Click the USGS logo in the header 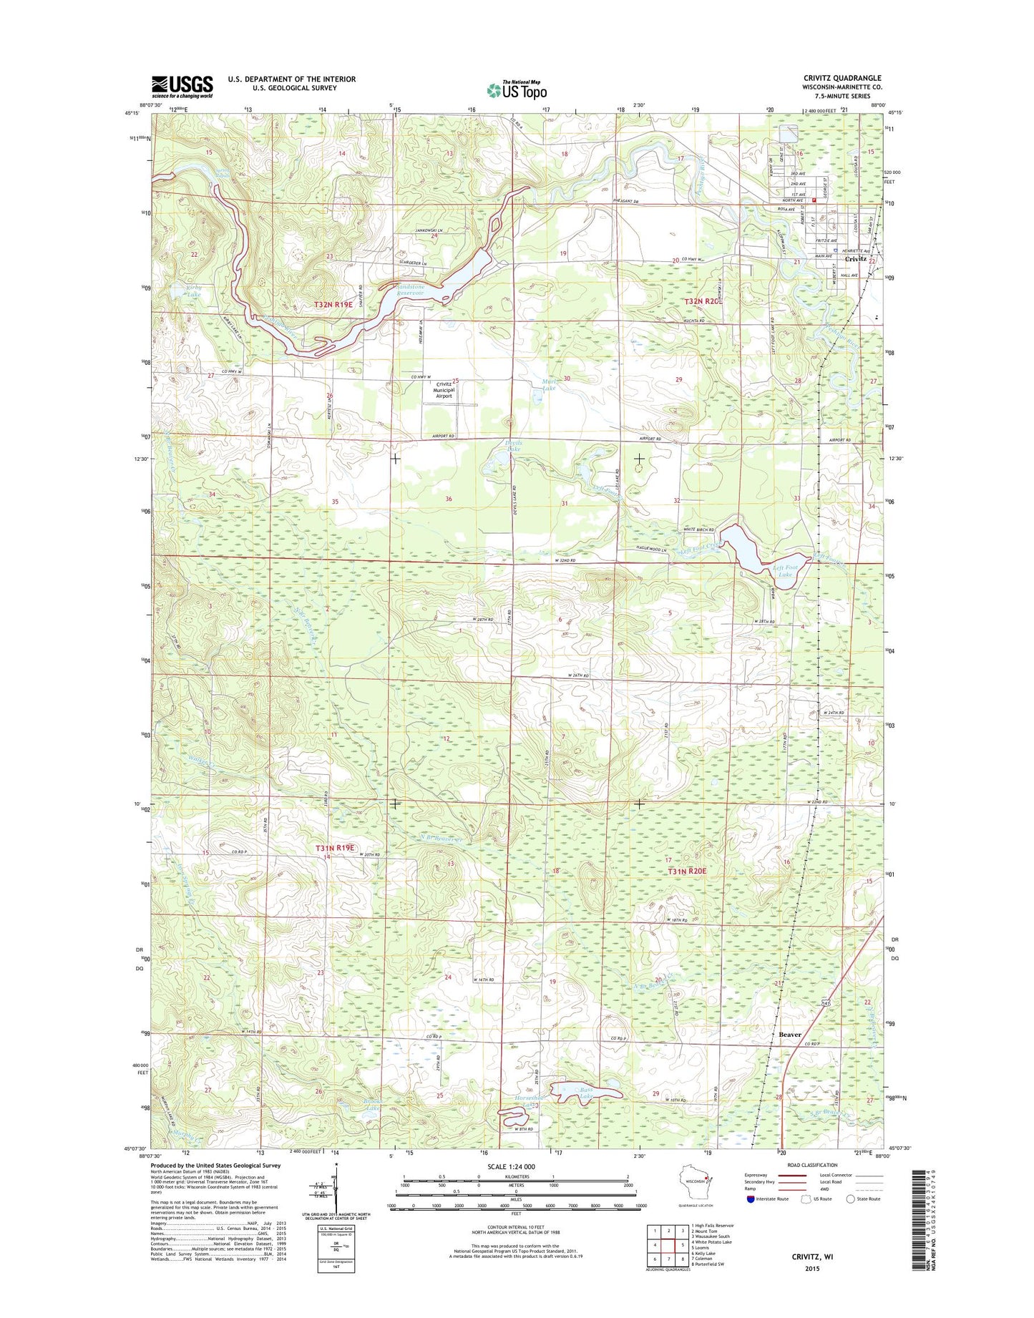pos(182,87)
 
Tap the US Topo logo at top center pos(517,90)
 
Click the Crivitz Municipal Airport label pos(444,390)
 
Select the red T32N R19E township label pos(334,305)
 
